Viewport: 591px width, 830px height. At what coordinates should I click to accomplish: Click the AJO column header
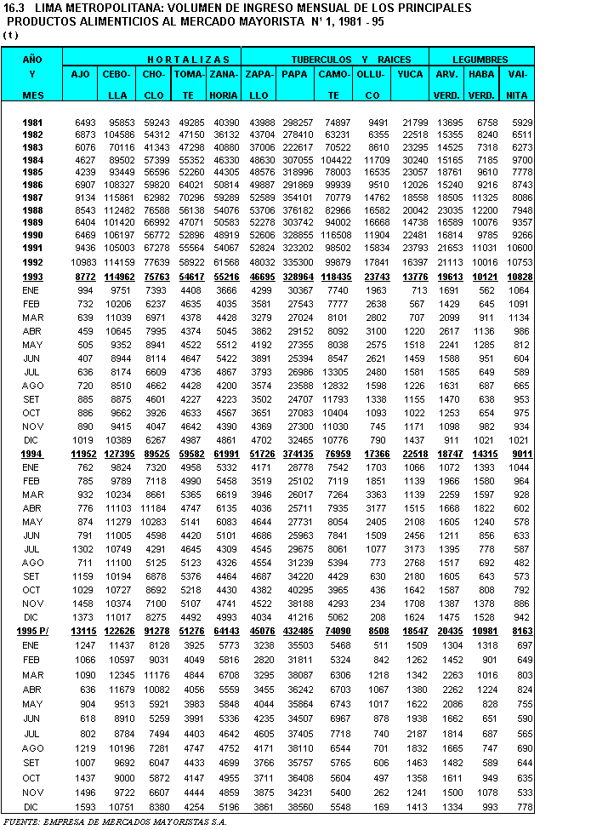(81, 74)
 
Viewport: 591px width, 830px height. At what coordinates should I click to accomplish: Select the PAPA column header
(294, 74)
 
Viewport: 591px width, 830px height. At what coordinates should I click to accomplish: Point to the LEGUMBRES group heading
(480, 60)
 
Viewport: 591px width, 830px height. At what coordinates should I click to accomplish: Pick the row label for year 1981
(33, 123)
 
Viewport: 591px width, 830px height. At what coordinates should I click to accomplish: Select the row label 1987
(33, 197)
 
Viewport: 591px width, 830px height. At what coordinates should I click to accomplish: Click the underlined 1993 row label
(32, 278)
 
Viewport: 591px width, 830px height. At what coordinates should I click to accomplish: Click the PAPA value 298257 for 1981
(298, 123)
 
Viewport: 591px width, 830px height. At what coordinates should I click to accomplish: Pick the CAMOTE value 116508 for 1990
(334, 234)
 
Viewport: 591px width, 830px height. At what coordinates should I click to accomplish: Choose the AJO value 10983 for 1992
(81, 262)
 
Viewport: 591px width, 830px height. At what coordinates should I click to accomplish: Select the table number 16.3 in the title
(14, 8)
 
